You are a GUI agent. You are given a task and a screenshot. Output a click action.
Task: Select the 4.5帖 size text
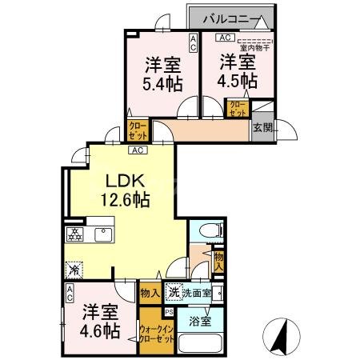point(238,81)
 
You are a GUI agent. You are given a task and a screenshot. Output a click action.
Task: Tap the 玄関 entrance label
point(262,127)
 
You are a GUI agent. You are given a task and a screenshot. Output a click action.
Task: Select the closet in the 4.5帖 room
point(238,109)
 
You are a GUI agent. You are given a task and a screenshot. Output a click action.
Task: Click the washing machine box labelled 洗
point(172,293)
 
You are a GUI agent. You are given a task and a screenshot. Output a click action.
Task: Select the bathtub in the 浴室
point(200,343)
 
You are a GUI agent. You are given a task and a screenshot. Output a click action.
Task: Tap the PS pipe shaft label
point(168,311)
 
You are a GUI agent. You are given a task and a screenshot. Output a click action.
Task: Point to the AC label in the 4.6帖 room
point(70,290)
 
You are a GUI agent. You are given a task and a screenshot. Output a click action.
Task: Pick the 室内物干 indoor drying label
point(255,46)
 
